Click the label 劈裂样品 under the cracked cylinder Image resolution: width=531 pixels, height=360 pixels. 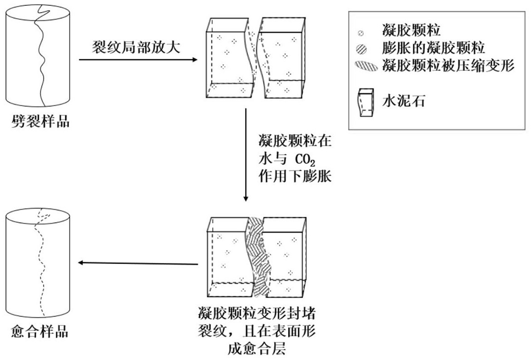tap(40, 121)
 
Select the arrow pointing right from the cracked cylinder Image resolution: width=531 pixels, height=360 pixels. tap(138, 60)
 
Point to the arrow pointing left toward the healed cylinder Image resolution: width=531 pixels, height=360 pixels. tap(138, 263)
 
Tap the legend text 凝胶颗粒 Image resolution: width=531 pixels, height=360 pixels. tap(411, 32)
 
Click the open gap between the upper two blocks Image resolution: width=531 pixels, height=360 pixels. tap(256, 58)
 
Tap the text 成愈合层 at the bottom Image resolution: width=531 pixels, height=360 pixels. tap(257, 348)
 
